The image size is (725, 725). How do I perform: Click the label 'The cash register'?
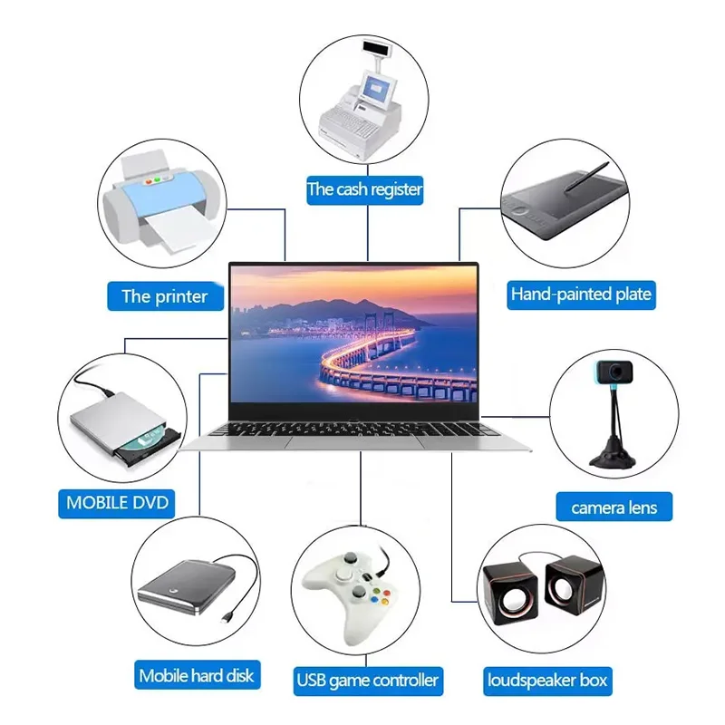pos(365,189)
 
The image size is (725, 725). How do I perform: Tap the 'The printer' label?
pos(165,295)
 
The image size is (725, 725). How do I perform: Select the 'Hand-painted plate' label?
pos(581,294)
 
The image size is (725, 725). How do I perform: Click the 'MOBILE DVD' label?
pos(118,502)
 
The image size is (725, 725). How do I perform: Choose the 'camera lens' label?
pos(614,507)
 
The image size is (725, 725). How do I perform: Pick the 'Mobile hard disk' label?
pos(197,675)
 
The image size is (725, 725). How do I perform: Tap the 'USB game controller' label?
pos(368,679)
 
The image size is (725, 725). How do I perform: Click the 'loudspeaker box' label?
pos(547,679)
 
